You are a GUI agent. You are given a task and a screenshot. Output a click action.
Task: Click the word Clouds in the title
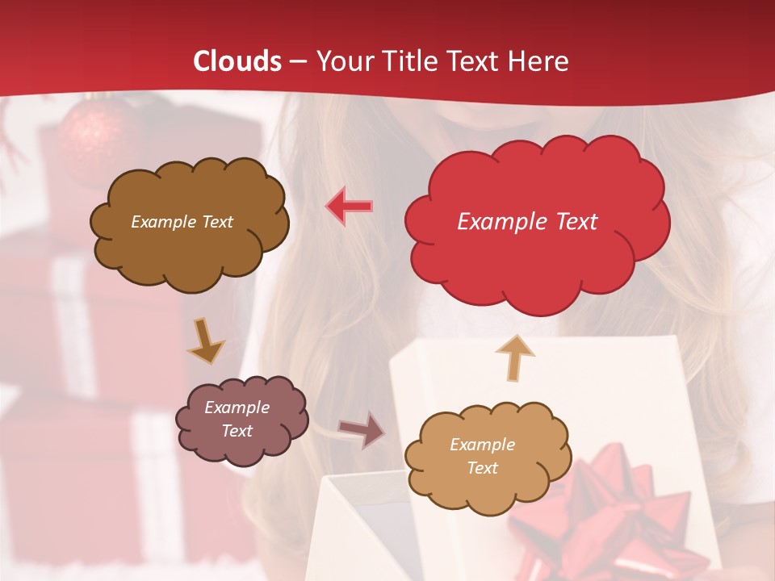[x=237, y=61]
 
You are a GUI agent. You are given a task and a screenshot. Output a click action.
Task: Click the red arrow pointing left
[x=349, y=207]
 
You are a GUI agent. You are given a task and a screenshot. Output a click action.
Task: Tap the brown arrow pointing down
[x=205, y=340]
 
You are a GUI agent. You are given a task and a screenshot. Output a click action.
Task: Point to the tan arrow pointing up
[x=515, y=357]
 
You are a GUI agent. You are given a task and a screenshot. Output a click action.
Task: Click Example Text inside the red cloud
[x=527, y=222]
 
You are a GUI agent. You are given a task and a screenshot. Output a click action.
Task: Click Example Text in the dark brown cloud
[x=182, y=222]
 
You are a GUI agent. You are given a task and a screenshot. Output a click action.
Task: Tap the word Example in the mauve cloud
[x=237, y=408]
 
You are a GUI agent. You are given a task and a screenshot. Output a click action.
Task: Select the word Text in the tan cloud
[x=482, y=468]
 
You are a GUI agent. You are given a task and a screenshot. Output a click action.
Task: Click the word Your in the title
[x=341, y=61]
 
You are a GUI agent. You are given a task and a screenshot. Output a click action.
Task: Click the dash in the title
[x=297, y=61]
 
